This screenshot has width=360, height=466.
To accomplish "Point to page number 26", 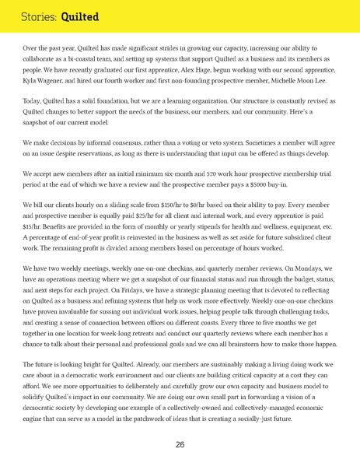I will pyautogui.click(x=180, y=444).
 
